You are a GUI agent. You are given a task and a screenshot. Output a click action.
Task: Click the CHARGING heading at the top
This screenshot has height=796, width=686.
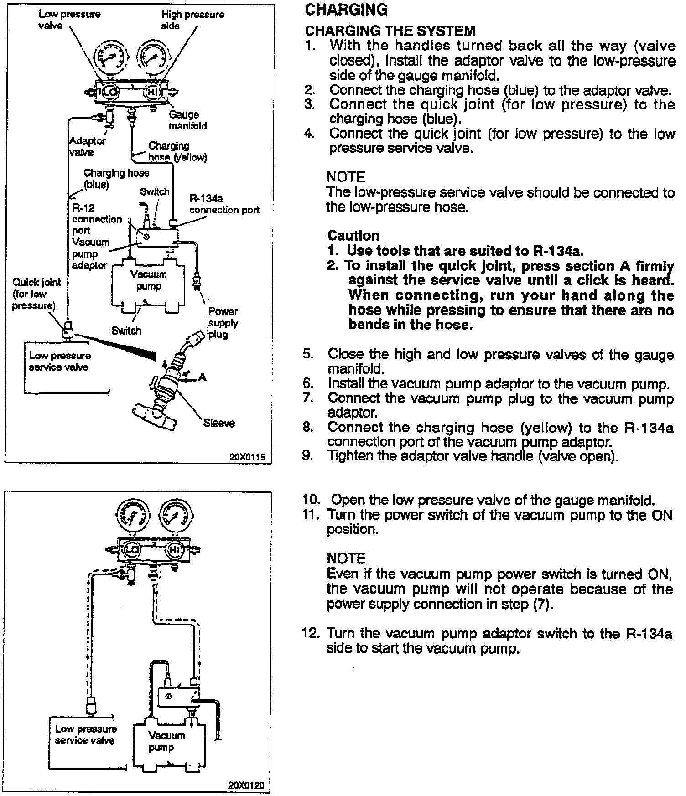(x=346, y=10)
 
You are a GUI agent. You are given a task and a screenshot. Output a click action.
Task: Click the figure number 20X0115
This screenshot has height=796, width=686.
(x=247, y=456)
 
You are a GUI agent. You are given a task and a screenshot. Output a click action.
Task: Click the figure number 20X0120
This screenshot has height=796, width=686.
(x=246, y=786)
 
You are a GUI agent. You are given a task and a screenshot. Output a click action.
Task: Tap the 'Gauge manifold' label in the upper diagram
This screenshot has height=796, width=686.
(x=187, y=120)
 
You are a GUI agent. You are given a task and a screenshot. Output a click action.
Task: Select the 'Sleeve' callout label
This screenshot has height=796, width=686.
(x=219, y=423)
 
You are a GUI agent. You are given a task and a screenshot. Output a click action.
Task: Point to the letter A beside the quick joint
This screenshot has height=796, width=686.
(x=203, y=377)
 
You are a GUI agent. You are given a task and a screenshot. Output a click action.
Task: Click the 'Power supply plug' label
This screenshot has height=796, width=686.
(x=223, y=323)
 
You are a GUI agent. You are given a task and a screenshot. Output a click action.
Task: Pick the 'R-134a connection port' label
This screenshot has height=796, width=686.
(x=223, y=204)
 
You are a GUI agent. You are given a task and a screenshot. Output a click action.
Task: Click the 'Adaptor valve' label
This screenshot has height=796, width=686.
(x=87, y=146)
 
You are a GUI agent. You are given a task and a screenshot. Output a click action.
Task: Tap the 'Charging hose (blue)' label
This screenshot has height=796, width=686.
(x=116, y=178)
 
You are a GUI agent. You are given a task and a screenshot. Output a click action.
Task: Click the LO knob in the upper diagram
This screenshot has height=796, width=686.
(x=109, y=92)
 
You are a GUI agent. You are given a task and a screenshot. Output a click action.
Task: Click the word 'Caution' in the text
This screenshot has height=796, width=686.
(x=353, y=235)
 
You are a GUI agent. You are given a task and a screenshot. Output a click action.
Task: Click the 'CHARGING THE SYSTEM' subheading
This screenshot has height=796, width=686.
(x=390, y=31)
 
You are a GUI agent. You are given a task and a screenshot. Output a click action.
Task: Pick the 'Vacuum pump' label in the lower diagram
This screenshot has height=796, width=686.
(x=166, y=741)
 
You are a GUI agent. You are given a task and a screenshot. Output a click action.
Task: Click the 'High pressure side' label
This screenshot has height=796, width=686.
(x=192, y=20)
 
